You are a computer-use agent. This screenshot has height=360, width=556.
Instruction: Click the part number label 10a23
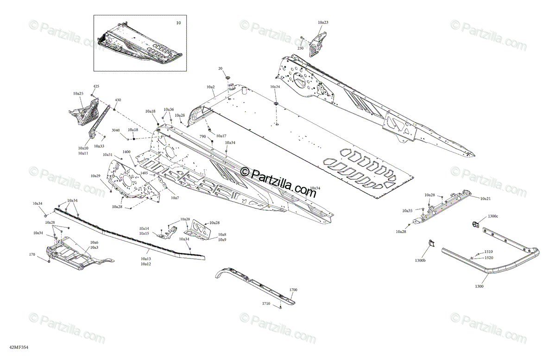(x=323, y=22)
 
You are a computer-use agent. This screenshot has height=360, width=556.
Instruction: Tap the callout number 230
(x=300, y=48)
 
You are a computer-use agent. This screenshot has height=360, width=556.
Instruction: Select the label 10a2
(x=210, y=87)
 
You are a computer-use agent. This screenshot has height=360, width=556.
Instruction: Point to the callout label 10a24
(x=275, y=87)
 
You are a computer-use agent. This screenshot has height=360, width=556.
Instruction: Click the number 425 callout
(x=96, y=87)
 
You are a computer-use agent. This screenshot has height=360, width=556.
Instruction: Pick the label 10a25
(x=78, y=94)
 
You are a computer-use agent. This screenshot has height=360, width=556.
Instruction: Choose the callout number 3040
(x=116, y=130)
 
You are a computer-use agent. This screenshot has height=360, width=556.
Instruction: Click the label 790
(x=202, y=137)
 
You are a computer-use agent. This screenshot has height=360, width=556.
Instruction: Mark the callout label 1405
(x=144, y=173)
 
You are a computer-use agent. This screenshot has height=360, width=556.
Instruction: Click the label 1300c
(x=493, y=216)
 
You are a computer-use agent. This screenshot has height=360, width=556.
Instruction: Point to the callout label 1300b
(x=420, y=261)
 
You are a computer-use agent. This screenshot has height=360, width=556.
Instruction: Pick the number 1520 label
(x=489, y=258)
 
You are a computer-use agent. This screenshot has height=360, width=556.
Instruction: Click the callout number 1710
(x=265, y=303)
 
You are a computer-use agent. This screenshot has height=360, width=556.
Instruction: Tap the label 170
(x=32, y=254)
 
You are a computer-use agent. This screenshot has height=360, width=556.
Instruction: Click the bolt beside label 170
(x=49, y=261)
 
